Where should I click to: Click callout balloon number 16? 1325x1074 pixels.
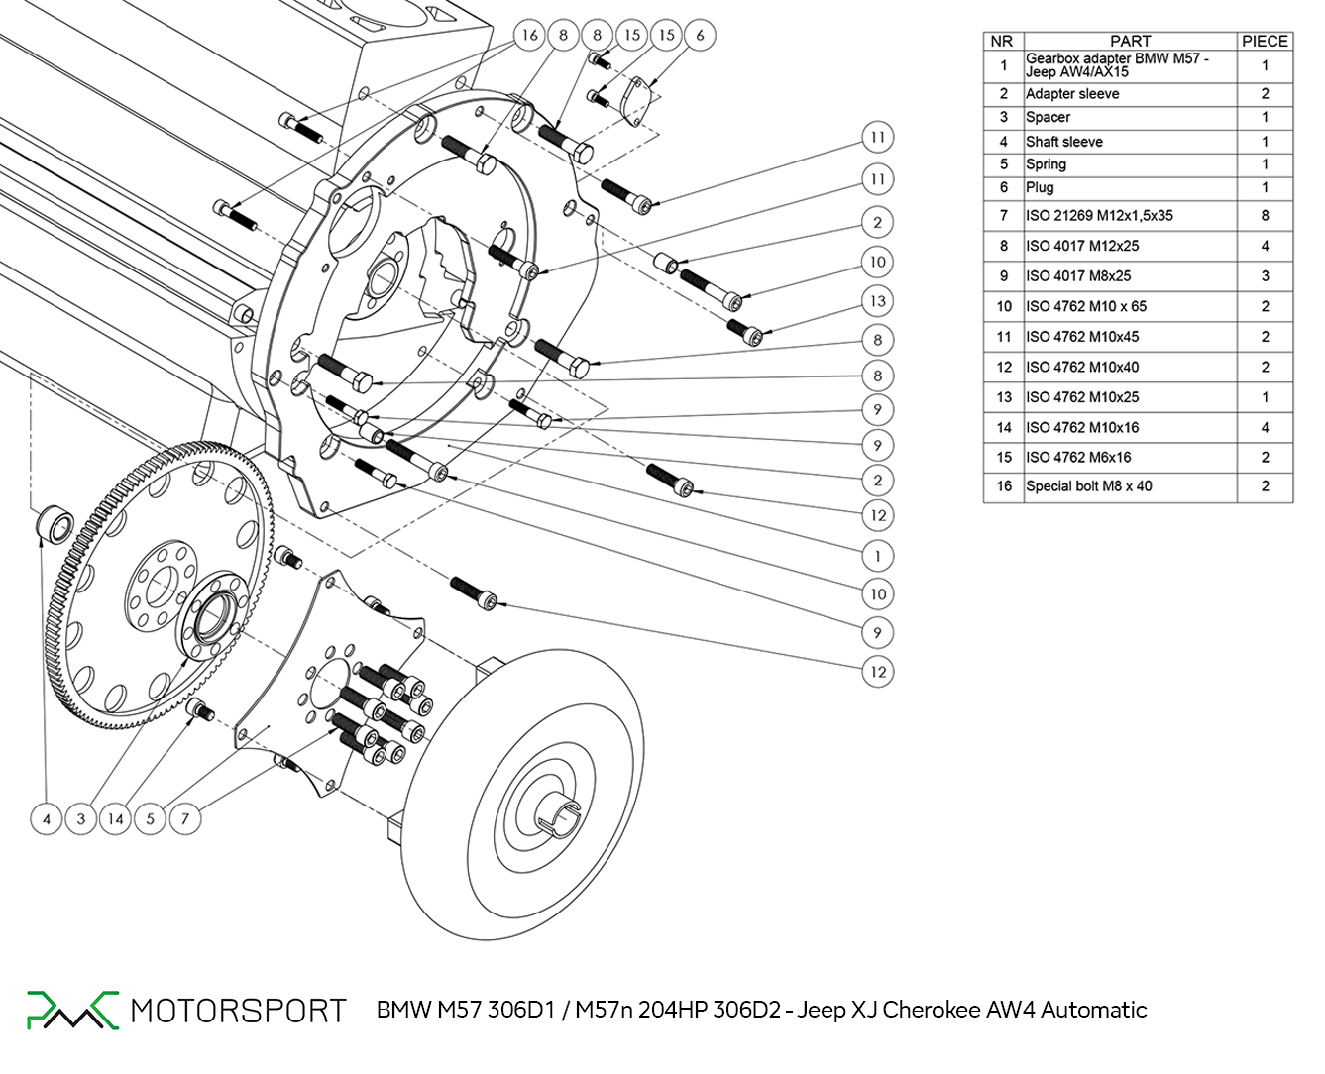529,36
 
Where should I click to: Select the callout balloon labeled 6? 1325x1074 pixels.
700,36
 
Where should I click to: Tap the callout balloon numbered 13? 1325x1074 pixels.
877,301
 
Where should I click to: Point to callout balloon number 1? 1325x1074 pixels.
877,556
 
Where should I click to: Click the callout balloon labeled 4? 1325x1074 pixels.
47,819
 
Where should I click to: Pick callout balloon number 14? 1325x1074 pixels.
116,819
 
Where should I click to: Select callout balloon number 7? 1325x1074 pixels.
184,819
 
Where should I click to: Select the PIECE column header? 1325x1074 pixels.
1265,41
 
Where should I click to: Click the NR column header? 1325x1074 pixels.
1002,41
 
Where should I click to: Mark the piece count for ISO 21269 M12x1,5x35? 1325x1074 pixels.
1265,215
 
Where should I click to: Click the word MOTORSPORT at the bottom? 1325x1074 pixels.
238,1011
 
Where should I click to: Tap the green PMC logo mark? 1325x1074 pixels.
71,1009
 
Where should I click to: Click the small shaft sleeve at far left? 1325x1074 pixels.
55,523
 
